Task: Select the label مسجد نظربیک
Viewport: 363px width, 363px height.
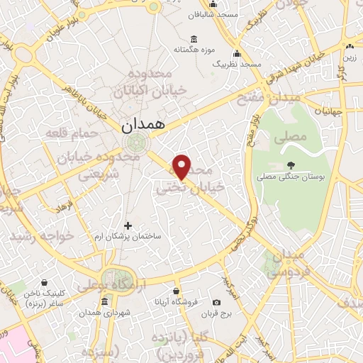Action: click(237, 64)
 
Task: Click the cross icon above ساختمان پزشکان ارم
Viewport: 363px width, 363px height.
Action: click(128, 225)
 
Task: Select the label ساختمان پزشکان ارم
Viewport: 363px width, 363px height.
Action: click(128, 235)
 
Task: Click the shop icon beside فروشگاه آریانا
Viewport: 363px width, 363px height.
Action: click(177, 291)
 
